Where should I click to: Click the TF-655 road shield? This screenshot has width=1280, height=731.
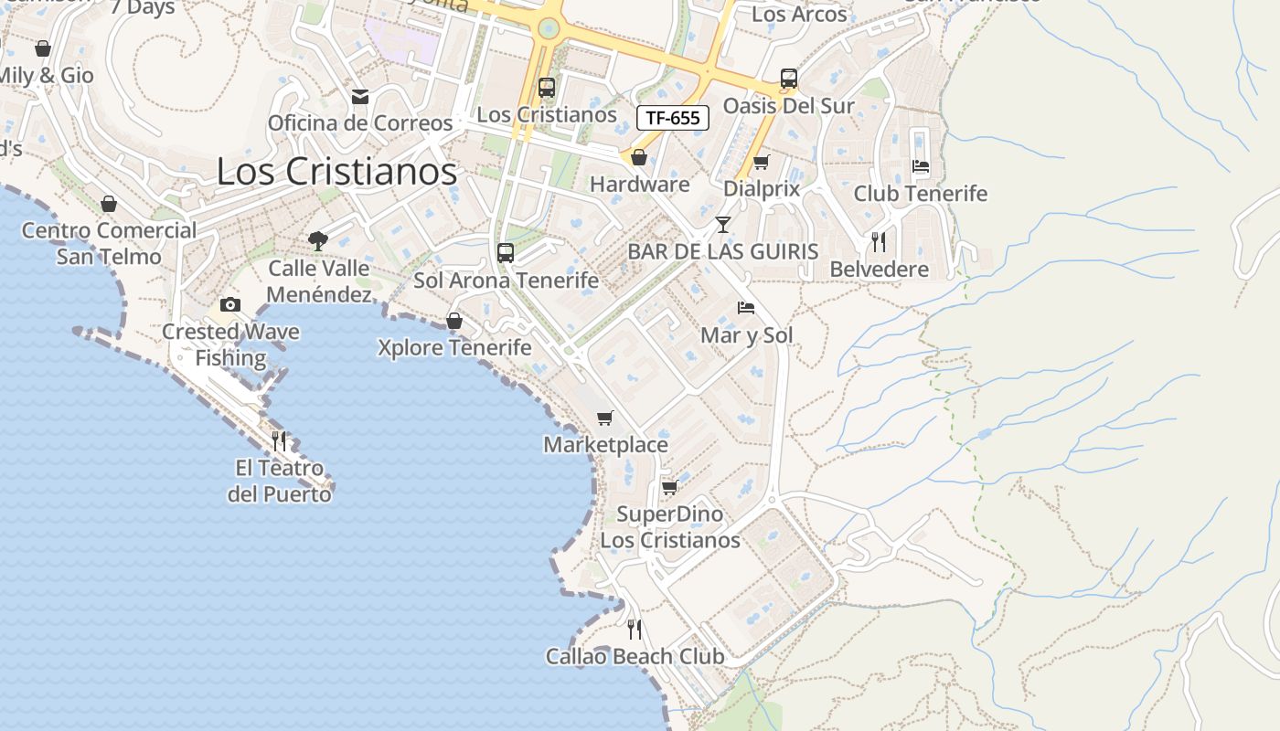(672, 118)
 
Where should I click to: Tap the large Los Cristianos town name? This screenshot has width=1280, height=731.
(336, 171)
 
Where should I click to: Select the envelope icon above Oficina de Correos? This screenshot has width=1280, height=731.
(360, 96)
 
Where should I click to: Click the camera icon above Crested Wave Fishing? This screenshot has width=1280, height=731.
(229, 304)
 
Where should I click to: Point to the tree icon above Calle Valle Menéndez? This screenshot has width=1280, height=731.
(318, 241)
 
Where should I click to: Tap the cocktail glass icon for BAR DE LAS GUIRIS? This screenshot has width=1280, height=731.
(723, 224)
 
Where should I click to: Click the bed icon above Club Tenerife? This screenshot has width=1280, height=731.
(921, 166)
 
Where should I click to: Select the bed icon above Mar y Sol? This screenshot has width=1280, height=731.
(746, 308)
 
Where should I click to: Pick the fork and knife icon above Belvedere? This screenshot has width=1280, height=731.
(879, 242)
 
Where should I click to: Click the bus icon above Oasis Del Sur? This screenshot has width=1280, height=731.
(788, 79)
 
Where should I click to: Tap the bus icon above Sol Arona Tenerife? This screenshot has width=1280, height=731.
(506, 253)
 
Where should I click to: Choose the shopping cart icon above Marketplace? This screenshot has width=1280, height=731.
(604, 418)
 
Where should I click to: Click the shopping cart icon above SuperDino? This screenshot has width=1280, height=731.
(669, 487)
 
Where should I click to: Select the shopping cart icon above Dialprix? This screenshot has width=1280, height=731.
(761, 162)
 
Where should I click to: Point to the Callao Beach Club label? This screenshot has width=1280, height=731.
(635, 656)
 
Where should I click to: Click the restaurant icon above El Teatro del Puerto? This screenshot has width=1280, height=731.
(279, 441)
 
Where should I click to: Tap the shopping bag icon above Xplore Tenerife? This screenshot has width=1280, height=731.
(453, 321)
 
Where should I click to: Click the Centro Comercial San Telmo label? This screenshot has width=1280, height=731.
(109, 243)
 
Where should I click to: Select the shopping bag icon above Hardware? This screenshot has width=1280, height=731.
(639, 157)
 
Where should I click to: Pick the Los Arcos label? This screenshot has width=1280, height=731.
(799, 15)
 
